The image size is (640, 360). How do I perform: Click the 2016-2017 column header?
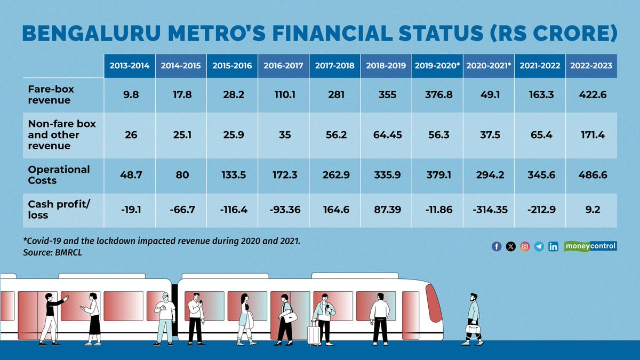[x=283, y=66]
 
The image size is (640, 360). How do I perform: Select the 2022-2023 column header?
[x=591, y=66]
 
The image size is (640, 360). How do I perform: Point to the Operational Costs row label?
[x=59, y=174]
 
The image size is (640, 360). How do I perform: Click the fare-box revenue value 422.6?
[x=591, y=94]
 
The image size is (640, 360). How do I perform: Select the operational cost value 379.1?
[x=437, y=174]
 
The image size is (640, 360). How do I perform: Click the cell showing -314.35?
[x=489, y=210]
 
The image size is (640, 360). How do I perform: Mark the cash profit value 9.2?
[x=591, y=210]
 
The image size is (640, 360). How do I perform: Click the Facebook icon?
[x=497, y=246]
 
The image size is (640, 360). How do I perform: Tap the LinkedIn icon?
[x=553, y=246]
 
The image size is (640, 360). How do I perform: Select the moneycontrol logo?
[x=590, y=246]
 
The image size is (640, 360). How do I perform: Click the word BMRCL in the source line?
[x=68, y=252]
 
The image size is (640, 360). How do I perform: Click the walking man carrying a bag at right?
[x=473, y=319]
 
